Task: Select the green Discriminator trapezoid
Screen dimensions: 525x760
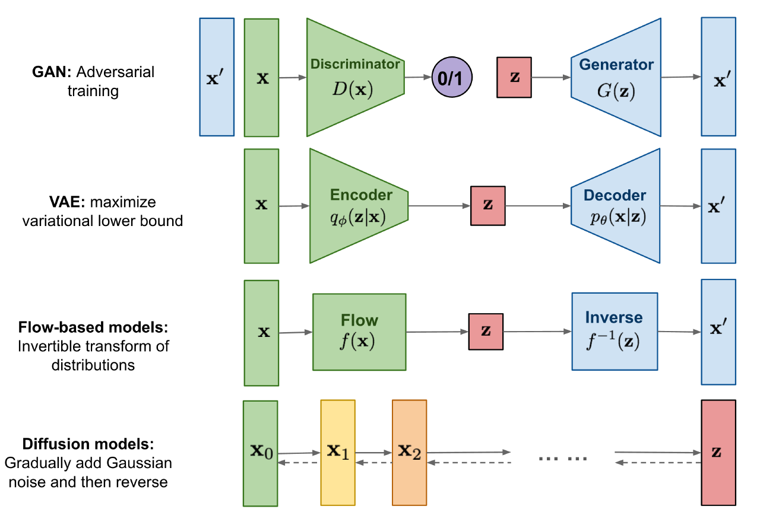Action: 354,78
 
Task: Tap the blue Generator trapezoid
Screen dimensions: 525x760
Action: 616,78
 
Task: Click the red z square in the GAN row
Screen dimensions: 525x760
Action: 514,78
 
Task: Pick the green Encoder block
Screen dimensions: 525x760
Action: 358,205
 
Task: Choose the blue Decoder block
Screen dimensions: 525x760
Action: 615,205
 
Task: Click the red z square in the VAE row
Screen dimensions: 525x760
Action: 487,205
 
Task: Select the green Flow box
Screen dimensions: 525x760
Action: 359,332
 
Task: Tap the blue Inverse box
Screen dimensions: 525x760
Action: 615,332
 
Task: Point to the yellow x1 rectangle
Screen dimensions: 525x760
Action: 338,453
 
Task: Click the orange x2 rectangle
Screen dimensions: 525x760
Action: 409,453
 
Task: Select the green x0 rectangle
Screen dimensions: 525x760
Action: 261,453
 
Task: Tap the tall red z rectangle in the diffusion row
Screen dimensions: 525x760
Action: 718,453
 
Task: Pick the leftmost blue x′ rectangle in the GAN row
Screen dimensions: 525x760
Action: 217,78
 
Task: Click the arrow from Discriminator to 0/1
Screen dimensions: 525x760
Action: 418,77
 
